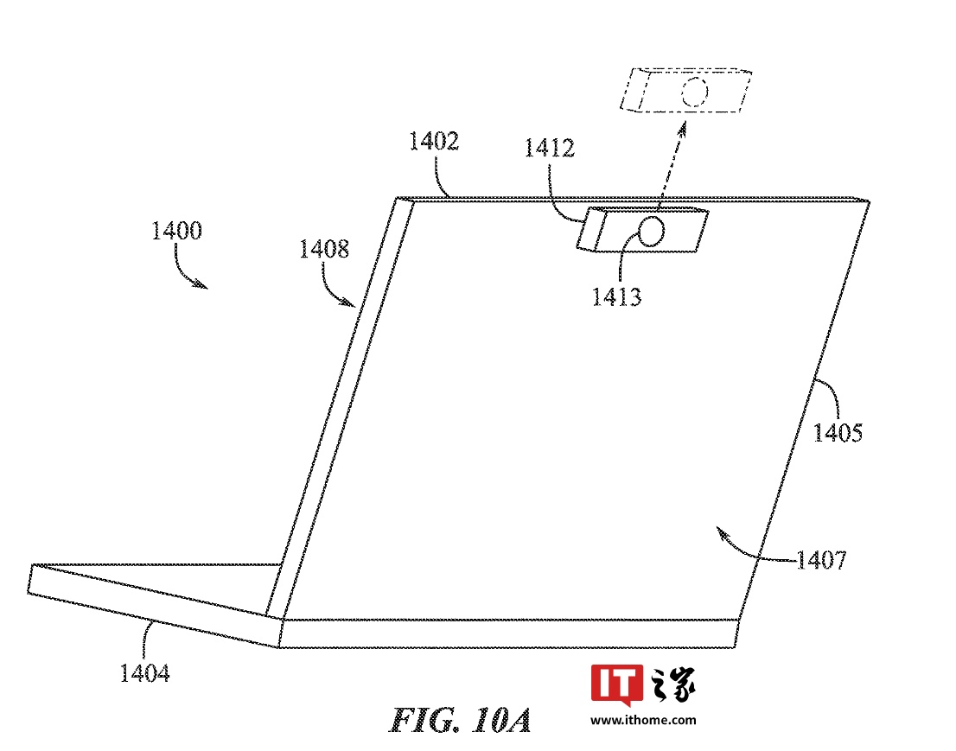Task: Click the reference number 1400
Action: pos(176,231)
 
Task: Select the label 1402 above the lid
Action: pos(434,142)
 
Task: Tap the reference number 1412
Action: pos(549,148)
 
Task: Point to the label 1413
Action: pos(616,296)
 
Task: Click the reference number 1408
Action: pos(324,250)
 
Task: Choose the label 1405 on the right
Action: pos(838,431)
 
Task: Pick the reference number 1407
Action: pos(820,561)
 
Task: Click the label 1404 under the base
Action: pos(144,672)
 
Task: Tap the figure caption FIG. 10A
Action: pos(460,719)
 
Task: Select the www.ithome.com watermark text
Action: pos(644,719)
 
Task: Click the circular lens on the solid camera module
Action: pos(653,231)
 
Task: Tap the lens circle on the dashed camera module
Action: pos(696,91)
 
